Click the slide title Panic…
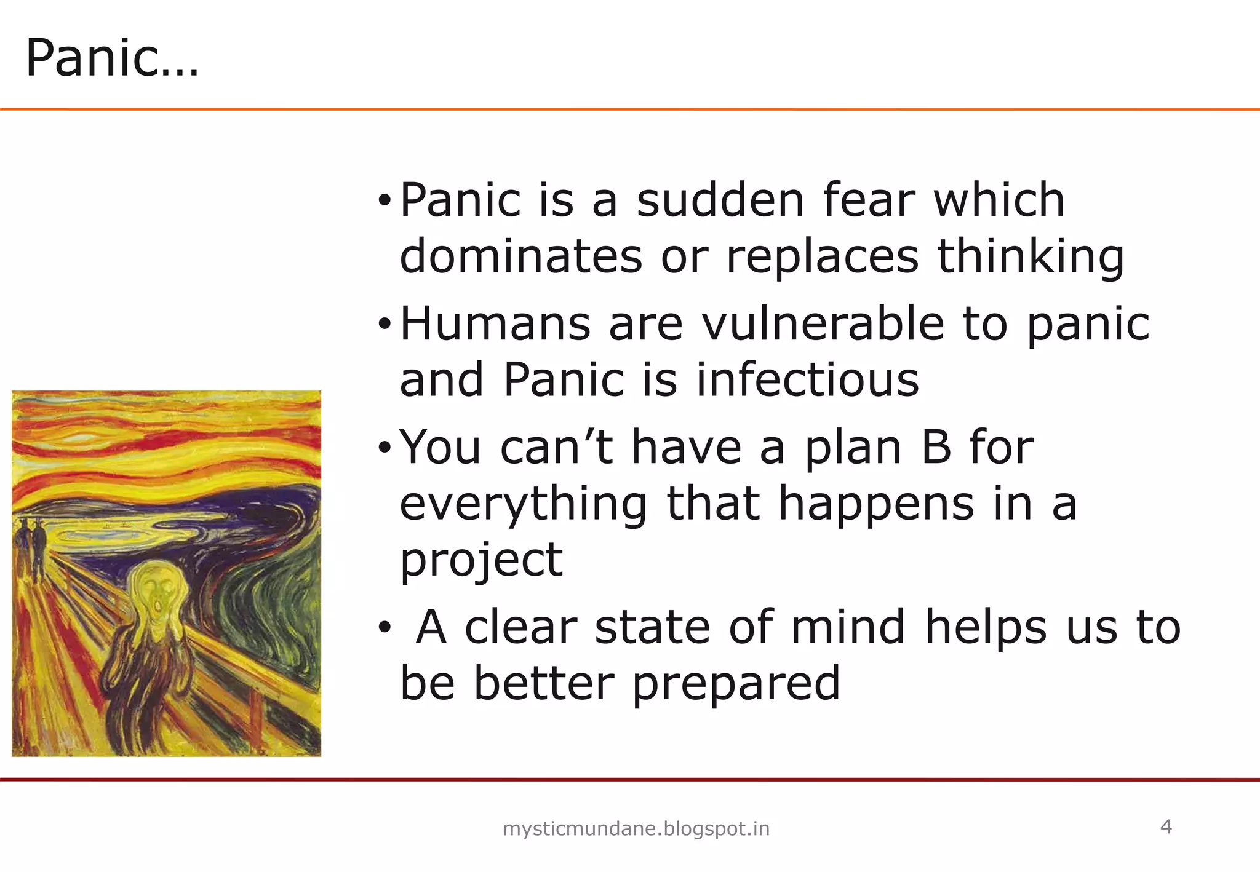click(112, 58)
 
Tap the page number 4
click(1165, 826)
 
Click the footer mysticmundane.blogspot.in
click(636, 829)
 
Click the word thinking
click(1031, 257)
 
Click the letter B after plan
click(936, 447)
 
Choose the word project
click(481, 561)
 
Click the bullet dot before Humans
click(385, 324)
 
